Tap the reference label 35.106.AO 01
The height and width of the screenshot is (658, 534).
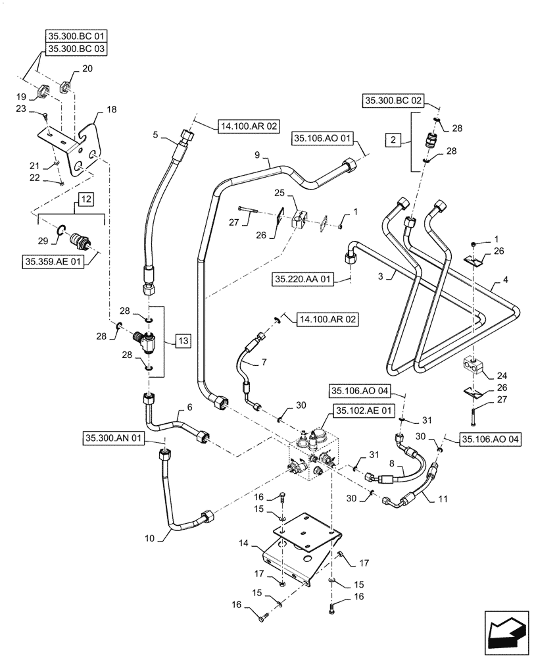[x=324, y=139]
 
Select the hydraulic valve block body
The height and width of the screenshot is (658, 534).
[x=309, y=460]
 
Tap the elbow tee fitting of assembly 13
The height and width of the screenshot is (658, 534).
[x=144, y=340]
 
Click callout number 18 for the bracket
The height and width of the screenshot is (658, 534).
[x=110, y=111]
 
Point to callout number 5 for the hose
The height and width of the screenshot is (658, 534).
[x=156, y=134]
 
